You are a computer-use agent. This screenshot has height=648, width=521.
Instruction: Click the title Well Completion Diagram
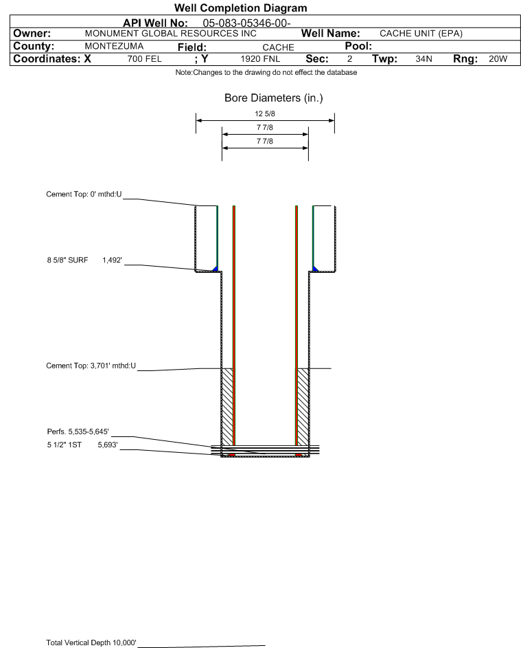[241, 8]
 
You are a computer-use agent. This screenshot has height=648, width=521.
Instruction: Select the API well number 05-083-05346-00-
[246, 23]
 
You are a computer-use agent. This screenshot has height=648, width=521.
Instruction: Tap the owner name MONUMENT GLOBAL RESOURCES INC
[170, 34]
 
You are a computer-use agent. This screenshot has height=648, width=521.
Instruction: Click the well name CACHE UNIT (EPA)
[421, 34]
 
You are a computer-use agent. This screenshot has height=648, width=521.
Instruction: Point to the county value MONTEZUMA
[114, 46]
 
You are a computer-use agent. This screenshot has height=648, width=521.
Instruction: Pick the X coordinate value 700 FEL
[144, 58]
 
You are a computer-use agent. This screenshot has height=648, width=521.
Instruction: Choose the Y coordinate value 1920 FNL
[260, 58]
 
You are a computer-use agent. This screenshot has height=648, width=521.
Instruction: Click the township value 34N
[424, 58]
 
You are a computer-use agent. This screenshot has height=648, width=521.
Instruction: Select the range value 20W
[498, 58]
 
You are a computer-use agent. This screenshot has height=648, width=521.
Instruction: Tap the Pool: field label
[358, 46]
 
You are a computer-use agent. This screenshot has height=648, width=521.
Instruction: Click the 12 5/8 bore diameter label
[265, 113]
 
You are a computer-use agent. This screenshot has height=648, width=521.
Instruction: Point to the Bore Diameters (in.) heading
[274, 98]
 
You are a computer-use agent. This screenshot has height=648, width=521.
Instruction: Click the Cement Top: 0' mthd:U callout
[84, 194]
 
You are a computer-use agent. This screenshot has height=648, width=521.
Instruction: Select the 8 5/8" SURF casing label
[67, 260]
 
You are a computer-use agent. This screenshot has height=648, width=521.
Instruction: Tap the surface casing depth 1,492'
[113, 260]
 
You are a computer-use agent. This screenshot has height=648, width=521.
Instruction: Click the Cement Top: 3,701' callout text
[91, 366]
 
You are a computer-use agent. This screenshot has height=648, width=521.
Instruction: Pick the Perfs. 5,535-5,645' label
[78, 432]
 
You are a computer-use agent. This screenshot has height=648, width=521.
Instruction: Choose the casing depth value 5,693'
[108, 445]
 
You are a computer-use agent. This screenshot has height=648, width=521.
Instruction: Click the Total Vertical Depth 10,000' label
[91, 643]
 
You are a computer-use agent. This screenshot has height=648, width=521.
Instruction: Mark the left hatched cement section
[227, 407]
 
